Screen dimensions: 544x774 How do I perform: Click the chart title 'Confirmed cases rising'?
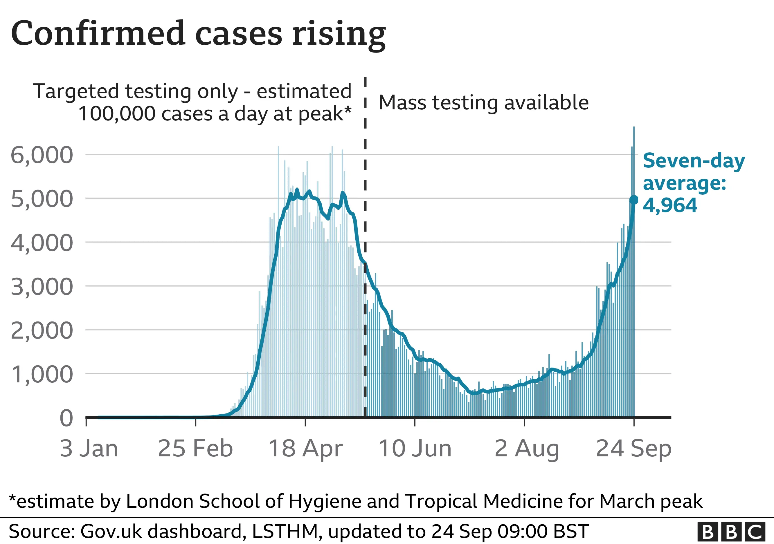tap(198, 34)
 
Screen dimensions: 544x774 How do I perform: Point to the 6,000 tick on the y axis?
tap(42, 155)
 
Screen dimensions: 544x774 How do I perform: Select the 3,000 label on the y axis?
tap(42, 287)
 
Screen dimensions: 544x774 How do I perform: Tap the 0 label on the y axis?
tap(66, 418)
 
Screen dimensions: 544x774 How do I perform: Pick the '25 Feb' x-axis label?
tap(195, 448)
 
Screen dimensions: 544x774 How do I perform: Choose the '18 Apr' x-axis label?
tap(305, 448)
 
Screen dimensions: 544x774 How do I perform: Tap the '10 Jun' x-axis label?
tap(415, 448)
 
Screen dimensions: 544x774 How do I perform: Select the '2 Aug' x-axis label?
tap(527, 448)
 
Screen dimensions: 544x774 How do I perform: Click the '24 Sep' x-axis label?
tap(634, 448)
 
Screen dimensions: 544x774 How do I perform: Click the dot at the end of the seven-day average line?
tap(634, 200)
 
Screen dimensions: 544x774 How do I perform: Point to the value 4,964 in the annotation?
tap(670, 205)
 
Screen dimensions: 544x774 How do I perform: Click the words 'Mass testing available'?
tap(483, 102)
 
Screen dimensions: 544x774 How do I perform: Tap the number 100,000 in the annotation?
tap(117, 113)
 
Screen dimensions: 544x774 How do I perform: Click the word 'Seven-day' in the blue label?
tap(694, 161)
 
